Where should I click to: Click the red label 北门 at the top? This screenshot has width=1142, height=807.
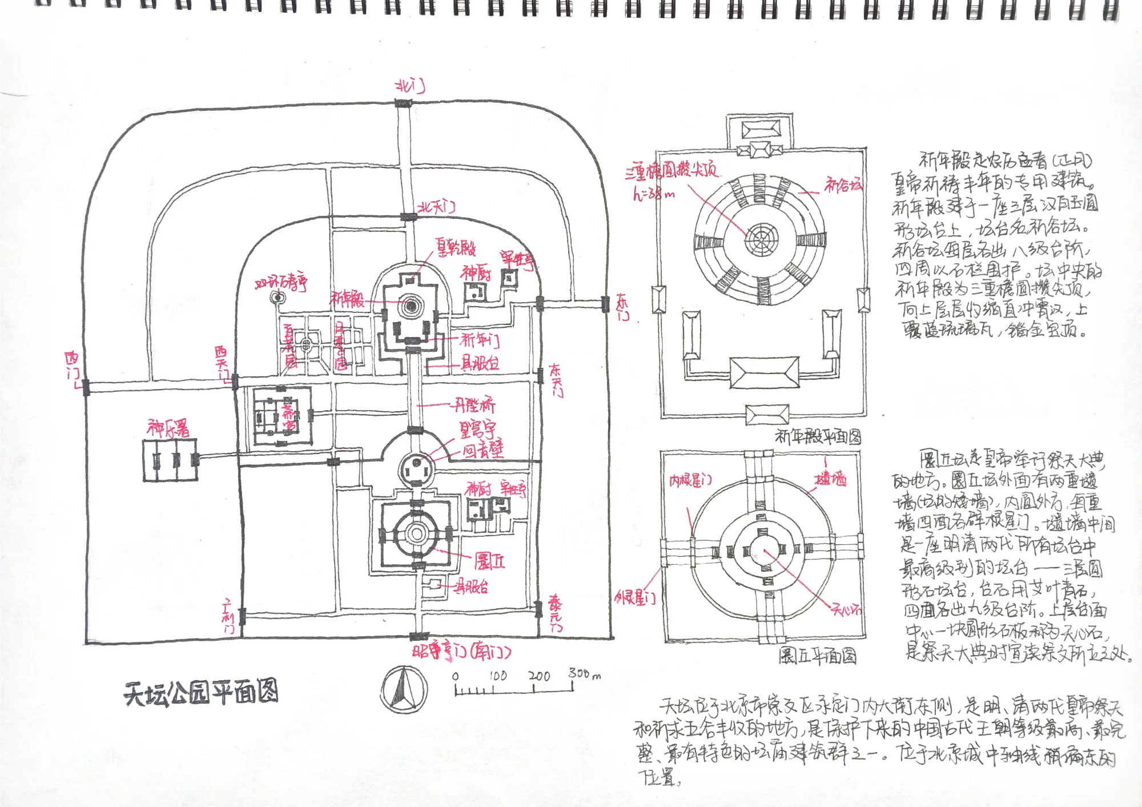click(x=411, y=86)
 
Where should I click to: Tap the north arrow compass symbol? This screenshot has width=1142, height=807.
click(x=404, y=689)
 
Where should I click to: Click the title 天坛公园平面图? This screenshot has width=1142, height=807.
click(x=201, y=693)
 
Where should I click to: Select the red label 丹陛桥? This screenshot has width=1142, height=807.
click(x=474, y=405)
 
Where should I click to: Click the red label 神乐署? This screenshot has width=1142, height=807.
click(x=168, y=428)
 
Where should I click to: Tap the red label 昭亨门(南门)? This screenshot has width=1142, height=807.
click(x=461, y=652)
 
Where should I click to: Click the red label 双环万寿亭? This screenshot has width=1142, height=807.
click(x=282, y=282)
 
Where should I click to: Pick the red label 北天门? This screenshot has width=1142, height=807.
click(x=437, y=207)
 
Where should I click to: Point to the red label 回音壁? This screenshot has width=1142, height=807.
click(x=483, y=451)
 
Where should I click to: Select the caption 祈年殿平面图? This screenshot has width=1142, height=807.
click(x=818, y=437)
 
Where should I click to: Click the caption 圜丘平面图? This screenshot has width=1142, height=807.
click(x=818, y=656)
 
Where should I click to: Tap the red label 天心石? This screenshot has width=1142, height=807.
click(x=846, y=610)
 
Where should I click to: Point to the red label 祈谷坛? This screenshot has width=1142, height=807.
click(x=843, y=184)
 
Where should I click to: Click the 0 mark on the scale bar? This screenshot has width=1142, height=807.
click(x=455, y=677)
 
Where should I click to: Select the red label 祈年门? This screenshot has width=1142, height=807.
click(x=480, y=340)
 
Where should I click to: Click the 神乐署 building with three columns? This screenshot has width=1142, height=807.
click(x=170, y=460)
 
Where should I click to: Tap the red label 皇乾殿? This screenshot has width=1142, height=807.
click(x=456, y=247)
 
